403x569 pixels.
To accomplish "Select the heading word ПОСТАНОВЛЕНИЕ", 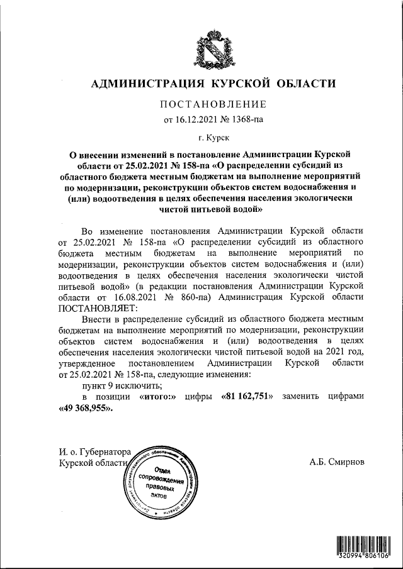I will click(x=214, y=104).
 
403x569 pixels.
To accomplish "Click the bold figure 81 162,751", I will click(x=247, y=397).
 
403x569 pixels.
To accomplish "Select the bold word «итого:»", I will click(x=155, y=397).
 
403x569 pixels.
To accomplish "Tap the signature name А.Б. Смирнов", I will click(x=336, y=462).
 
